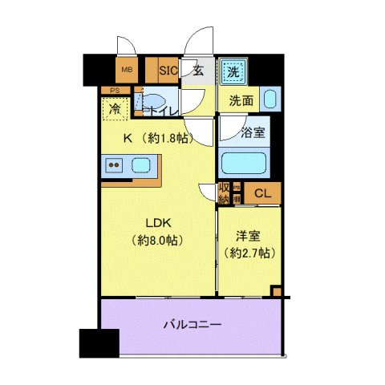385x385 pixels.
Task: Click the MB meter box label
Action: coord(125,70)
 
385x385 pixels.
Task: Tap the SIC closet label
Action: coord(168,70)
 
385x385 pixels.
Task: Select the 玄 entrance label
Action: coord(199,70)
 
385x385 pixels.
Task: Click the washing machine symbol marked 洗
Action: coord(232,70)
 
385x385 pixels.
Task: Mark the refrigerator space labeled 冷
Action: coord(115,109)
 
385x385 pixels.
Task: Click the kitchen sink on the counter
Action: coord(141,167)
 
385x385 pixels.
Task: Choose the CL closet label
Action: coord(261,192)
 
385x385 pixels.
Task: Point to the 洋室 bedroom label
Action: coord(248,237)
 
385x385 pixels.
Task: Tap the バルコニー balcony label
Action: coord(192,325)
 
